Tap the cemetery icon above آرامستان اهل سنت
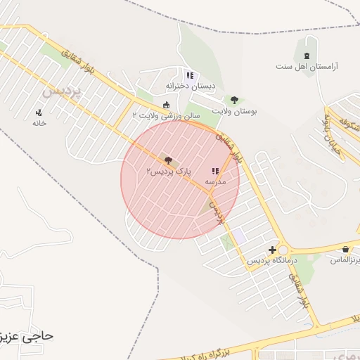[307, 56]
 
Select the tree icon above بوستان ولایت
[234, 100]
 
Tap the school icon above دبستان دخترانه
[189, 75]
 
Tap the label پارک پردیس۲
[168, 172]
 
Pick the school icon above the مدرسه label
[215, 171]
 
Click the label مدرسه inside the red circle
[215, 181]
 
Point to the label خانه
[39, 122]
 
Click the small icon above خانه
[39, 112]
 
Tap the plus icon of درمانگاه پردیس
[272, 250]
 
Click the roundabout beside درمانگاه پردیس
[283, 250]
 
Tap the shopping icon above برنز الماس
[345, 250]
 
